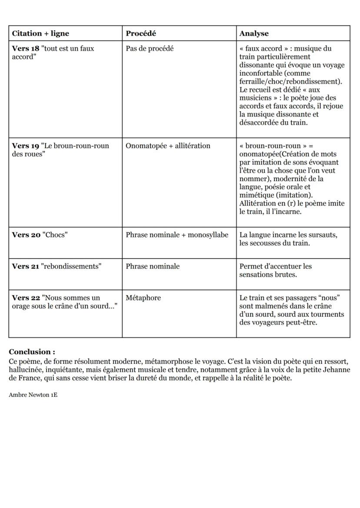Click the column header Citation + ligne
pos(40,33)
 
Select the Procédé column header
pos(140,33)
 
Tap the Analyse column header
pos(254,33)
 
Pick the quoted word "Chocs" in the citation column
pos(54,235)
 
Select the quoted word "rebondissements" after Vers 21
pos(71,266)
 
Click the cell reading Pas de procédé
pos(150,49)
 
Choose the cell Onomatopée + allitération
pos(168,146)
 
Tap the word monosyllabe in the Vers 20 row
pos(208,235)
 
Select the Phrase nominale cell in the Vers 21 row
pos(153,266)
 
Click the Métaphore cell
pos(143,298)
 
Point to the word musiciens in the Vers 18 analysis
pos(255,98)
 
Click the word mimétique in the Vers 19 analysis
pos(256,196)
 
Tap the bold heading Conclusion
pos(32,352)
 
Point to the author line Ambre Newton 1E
pos(33,395)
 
